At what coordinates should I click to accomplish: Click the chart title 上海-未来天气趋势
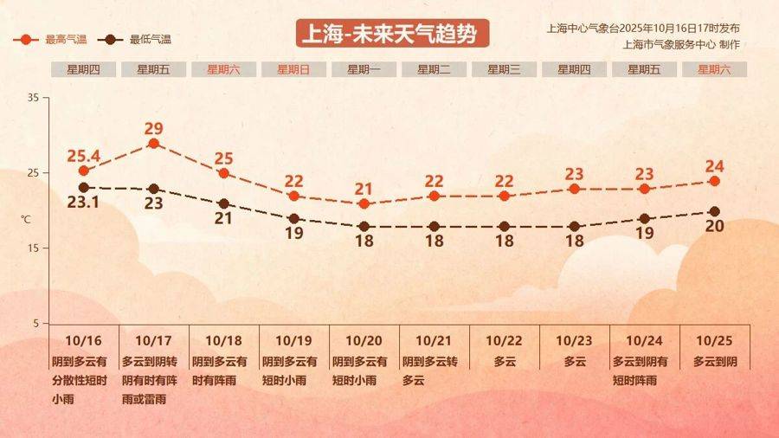coord(392,34)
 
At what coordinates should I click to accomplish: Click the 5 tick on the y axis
coord(35,324)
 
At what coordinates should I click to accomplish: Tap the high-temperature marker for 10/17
coord(153,144)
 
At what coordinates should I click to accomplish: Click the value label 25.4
coord(84,157)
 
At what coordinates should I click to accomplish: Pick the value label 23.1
coord(83,203)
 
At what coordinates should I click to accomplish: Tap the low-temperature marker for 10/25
coord(714,211)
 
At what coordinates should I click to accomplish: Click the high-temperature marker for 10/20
coord(364,203)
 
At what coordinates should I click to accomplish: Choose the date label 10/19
coord(293,341)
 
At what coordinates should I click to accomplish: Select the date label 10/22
coord(505,341)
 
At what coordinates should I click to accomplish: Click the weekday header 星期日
coord(293,70)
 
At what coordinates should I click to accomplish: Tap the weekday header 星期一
coord(364,70)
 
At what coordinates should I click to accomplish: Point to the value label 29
coord(154,128)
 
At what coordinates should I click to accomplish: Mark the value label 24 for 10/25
coord(714,166)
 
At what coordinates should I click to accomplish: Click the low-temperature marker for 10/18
coord(223,203)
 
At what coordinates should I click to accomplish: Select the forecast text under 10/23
coord(575,361)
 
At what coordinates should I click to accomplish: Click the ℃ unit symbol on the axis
coord(26,220)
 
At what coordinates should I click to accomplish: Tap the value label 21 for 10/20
coord(364,189)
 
